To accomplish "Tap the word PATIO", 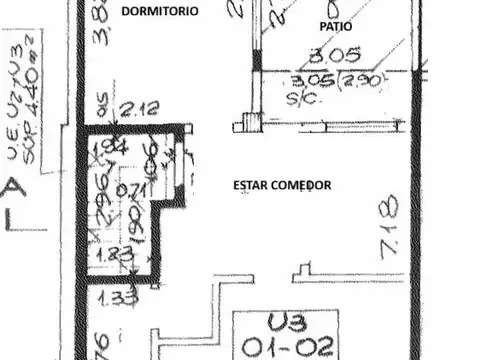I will [336, 27].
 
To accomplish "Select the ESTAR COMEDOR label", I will [281, 185].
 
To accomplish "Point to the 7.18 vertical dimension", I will [389, 226].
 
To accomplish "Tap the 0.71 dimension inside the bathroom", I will [128, 190].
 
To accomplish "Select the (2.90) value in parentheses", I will [362, 81].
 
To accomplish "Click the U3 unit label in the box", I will [286, 324].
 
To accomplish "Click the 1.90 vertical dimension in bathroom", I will [131, 220].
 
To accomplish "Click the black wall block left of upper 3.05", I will [257, 60].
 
